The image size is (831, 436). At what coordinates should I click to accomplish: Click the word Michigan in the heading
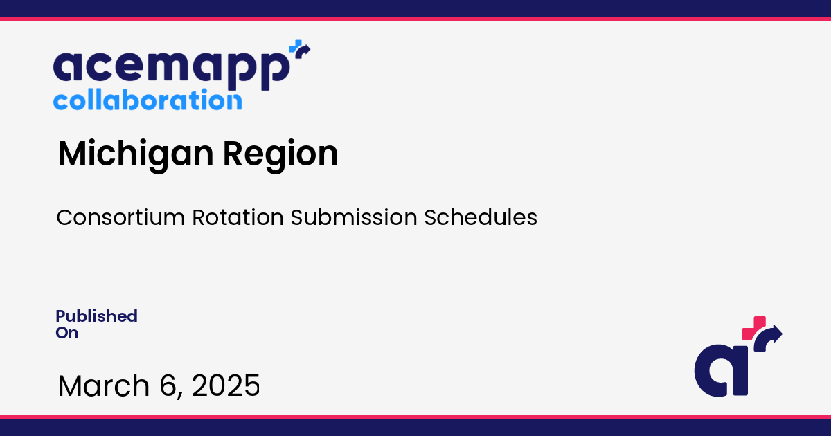135,154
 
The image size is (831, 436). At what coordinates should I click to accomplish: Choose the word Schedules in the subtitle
481,217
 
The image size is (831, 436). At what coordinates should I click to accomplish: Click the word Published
96,316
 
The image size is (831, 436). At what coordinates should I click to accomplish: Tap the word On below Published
67,333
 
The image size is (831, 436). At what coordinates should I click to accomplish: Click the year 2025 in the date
226,385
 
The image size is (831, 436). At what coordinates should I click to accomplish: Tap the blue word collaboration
148,100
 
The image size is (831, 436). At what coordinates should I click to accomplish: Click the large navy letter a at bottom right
720,370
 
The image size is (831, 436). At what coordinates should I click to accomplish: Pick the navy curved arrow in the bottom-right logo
770,337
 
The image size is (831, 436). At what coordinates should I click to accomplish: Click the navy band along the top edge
415,8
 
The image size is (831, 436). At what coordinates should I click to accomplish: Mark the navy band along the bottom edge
415,428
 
